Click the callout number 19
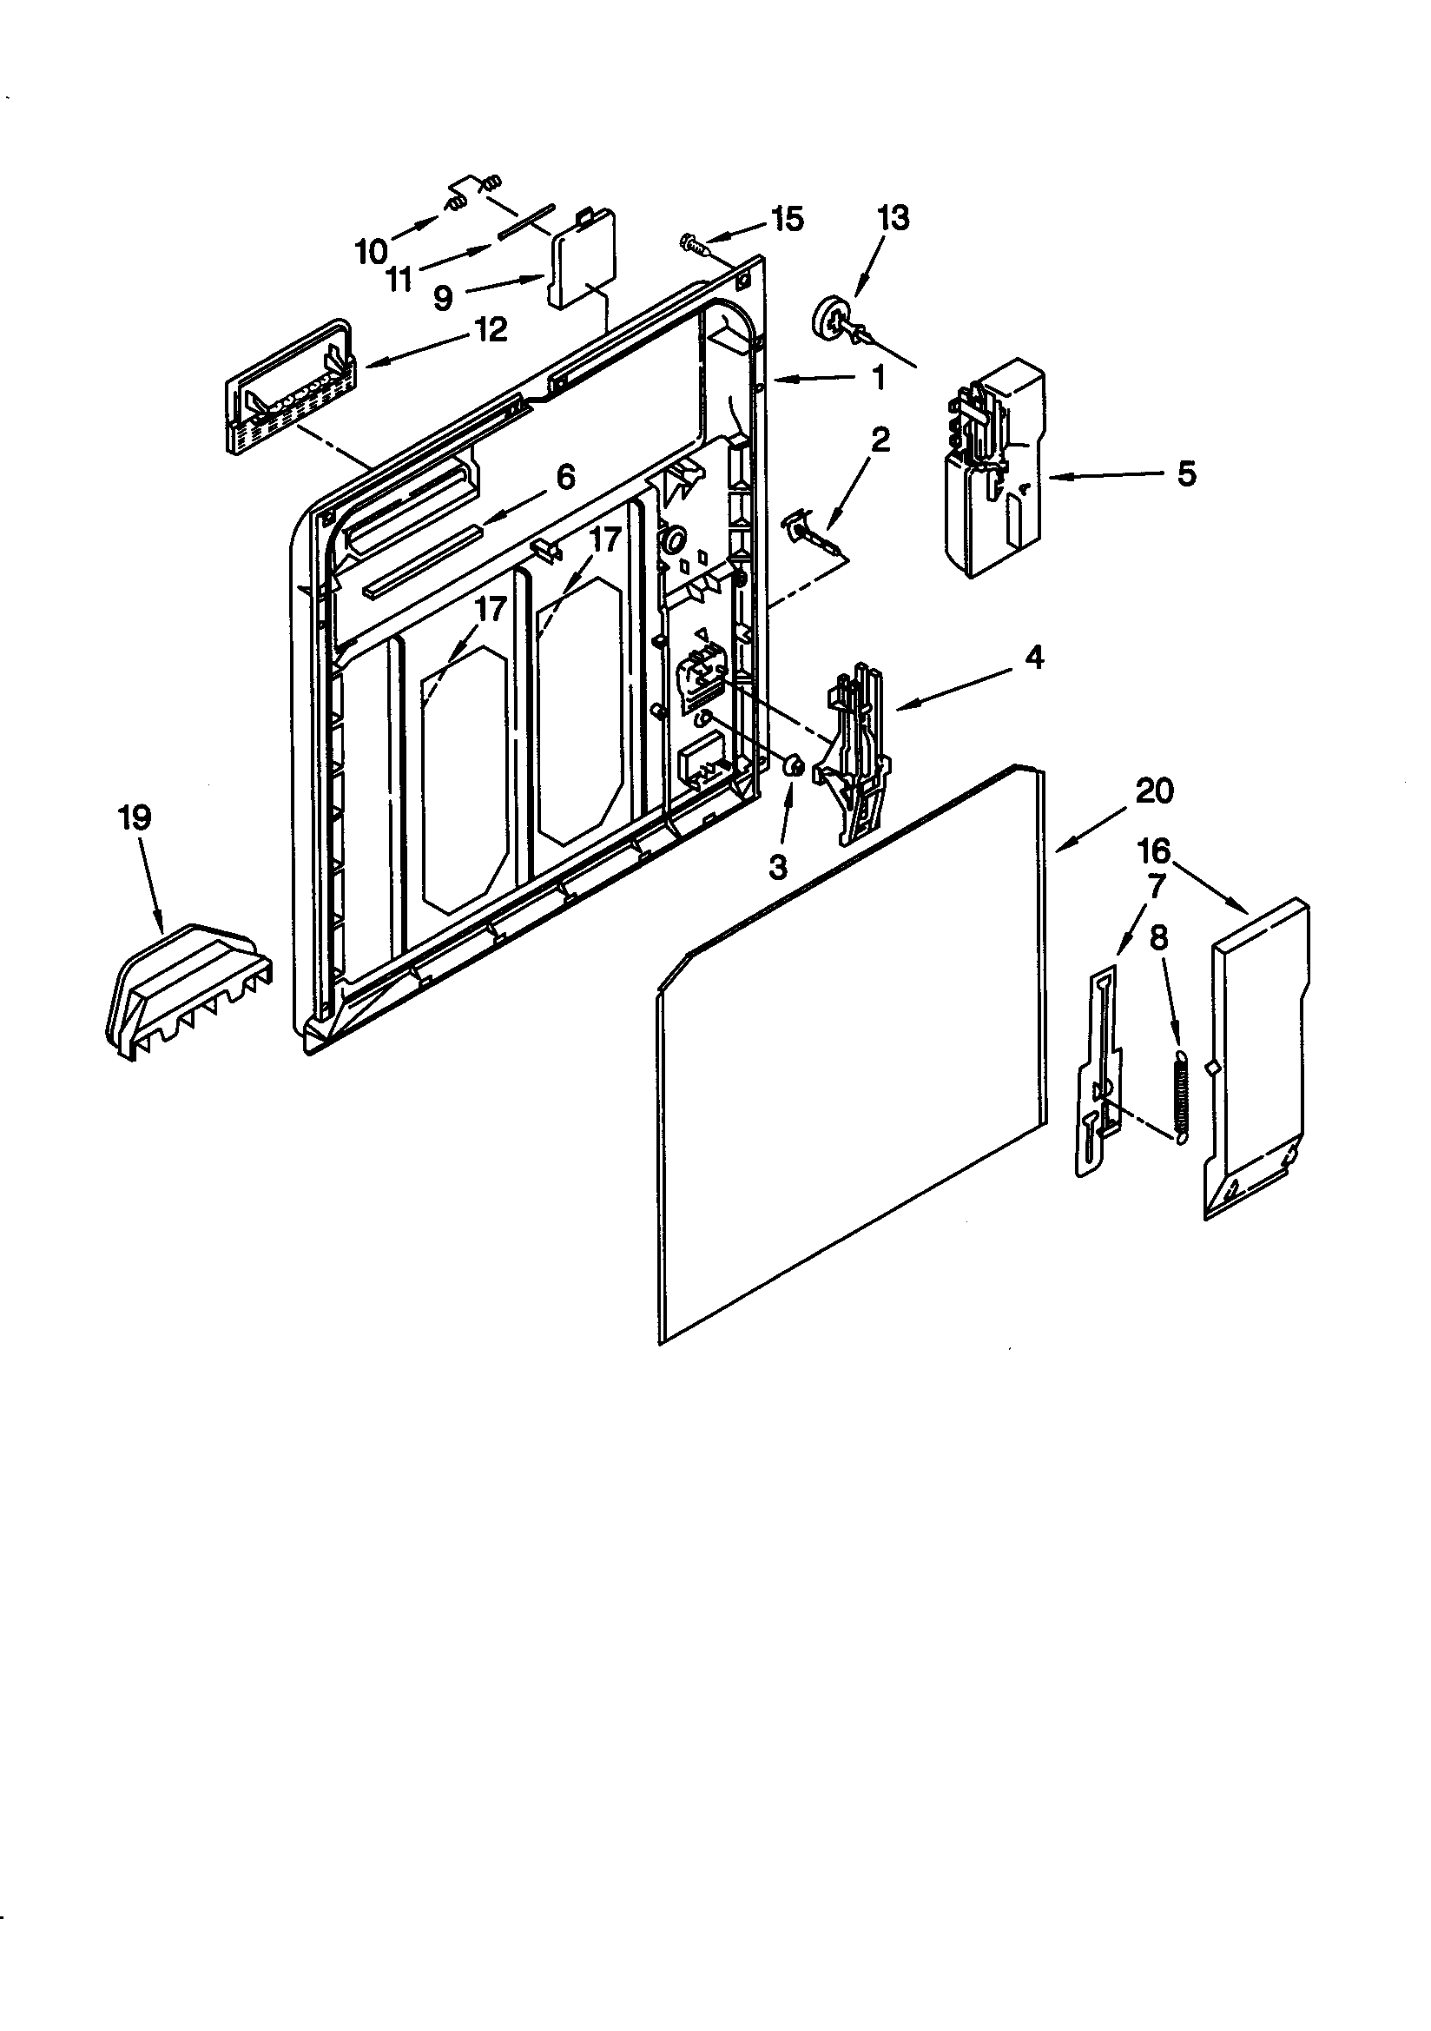(135, 817)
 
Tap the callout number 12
(491, 330)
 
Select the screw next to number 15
(695, 243)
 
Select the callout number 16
(1153, 851)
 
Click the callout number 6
(565, 477)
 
